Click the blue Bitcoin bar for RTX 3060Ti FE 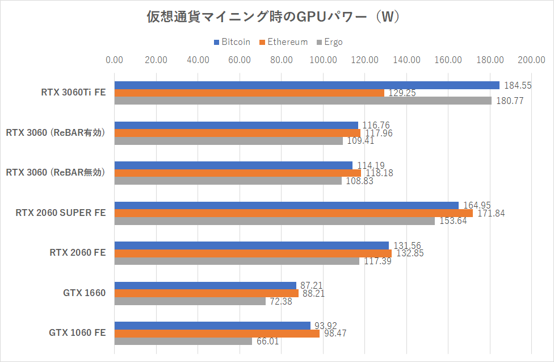click(x=307, y=85)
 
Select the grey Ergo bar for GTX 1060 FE click(x=183, y=342)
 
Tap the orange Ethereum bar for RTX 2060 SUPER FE click(x=293, y=213)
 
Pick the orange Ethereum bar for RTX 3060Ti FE click(x=249, y=93)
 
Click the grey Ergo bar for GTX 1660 click(x=190, y=301)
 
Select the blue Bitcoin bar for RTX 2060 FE click(x=251, y=246)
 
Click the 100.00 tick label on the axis click(x=323, y=60)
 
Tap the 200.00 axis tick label click(x=531, y=60)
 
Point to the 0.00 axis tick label click(x=115, y=60)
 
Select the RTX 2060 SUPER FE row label click(x=61, y=213)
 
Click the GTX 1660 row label click(x=84, y=293)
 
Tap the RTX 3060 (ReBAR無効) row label click(x=56, y=173)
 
